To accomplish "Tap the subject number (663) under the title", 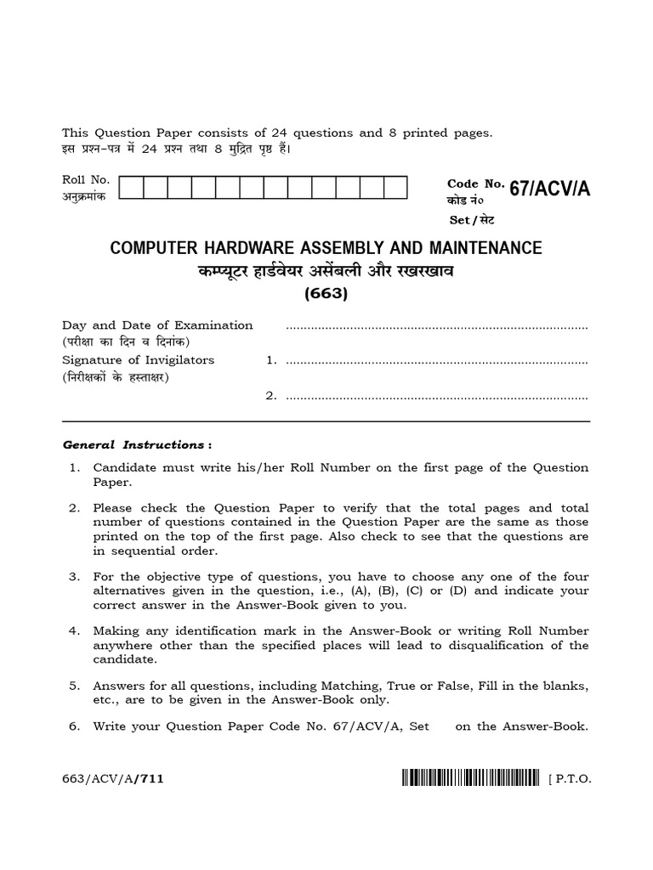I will point(326,295).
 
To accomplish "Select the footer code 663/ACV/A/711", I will point(107,777).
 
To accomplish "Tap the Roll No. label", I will point(81,180).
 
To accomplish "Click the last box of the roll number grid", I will point(396,188).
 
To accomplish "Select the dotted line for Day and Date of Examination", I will point(437,326).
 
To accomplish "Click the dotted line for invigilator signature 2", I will point(437,396).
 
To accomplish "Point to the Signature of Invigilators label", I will point(139,359).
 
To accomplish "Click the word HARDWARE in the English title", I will point(247,248).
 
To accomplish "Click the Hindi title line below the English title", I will point(326,272).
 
